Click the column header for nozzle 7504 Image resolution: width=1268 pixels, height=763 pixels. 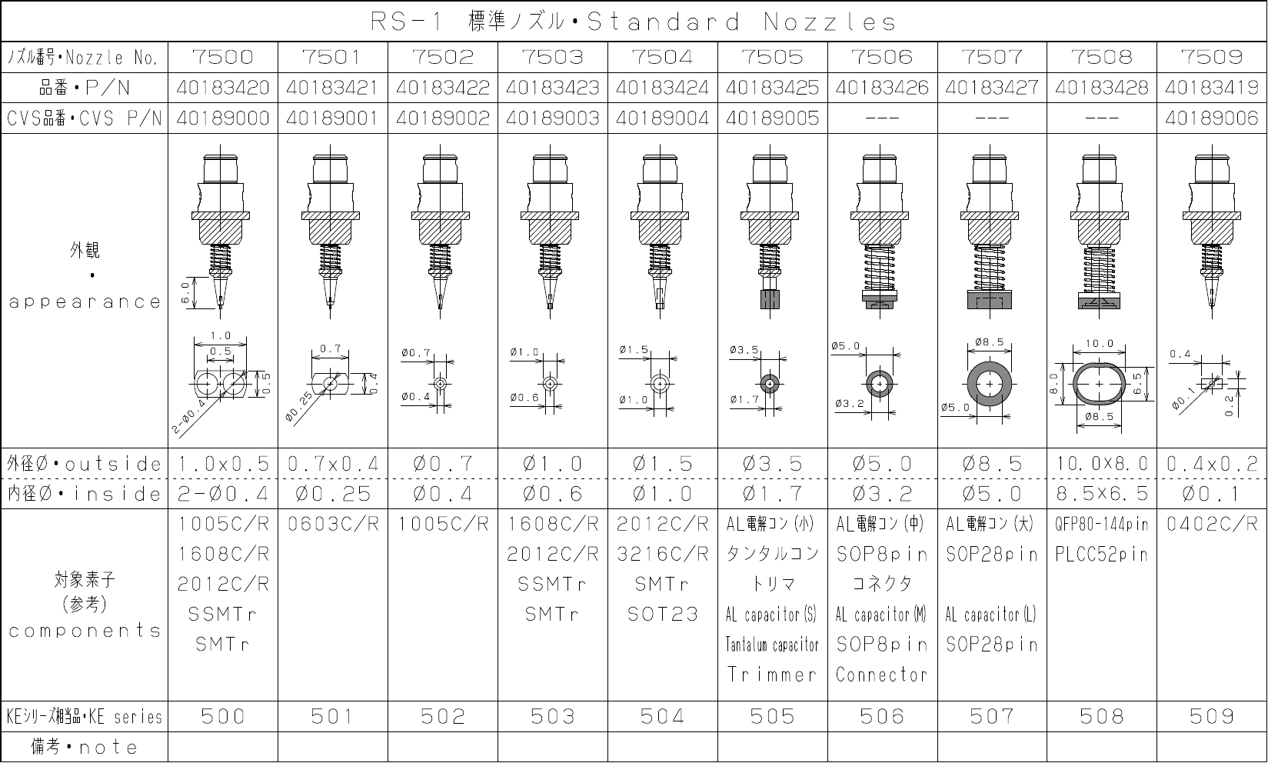coord(662,57)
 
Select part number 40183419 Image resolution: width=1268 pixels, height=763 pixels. coord(1211,87)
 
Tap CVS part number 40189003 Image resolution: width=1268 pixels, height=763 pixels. coord(552,118)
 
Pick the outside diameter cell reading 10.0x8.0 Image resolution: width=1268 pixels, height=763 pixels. coord(1102,464)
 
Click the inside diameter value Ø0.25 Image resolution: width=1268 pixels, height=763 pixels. coord(333,494)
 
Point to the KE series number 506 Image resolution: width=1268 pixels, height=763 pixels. coord(882,717)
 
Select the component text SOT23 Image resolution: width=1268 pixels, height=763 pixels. coord(662,614)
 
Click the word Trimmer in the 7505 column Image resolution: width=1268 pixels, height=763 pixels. coord(772,674)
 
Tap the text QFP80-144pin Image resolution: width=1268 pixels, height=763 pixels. coord(1102,524)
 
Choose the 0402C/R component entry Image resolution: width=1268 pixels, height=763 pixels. coord(1211,524)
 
